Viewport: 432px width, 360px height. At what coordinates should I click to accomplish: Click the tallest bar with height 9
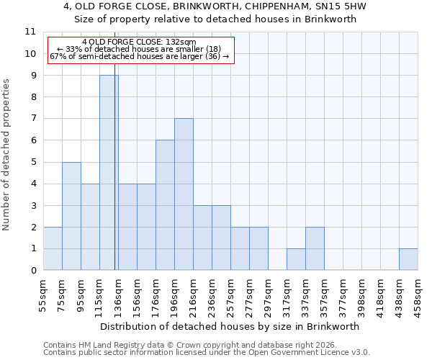109,173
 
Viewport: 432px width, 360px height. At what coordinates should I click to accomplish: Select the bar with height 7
184,194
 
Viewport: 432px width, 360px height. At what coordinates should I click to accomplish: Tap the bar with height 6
165,205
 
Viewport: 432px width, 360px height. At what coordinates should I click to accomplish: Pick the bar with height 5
71,216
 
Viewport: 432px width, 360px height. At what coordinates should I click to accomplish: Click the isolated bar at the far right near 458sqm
408,259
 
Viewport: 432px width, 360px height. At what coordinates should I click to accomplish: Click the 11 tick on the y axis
30,32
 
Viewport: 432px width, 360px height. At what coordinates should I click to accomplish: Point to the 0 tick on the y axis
32,271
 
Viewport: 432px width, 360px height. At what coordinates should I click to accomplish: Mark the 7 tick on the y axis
32,119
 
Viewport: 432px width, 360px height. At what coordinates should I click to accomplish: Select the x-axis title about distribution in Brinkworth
230,326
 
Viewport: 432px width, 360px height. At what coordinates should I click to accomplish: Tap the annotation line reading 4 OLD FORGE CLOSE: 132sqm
139,42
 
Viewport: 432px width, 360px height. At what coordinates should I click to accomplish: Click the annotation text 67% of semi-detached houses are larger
139,56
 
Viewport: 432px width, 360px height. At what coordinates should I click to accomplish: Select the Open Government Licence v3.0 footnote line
207,353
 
